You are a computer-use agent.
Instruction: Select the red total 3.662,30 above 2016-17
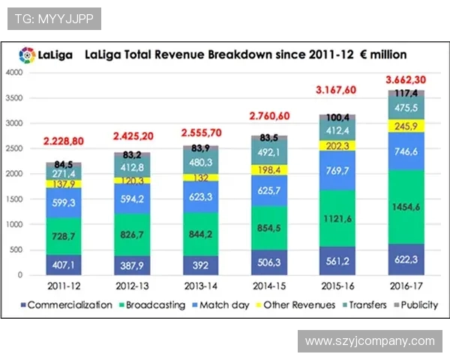click(x=406, y=80)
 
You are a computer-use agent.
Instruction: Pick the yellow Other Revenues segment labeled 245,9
click(x=406, y=126)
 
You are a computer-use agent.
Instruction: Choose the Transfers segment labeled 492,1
click(x=268, y=152)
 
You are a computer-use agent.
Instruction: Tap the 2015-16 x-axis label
click(x=338, y=286)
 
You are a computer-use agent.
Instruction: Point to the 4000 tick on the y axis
click(x=14, y=73)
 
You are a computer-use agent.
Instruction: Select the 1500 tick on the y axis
click(x=14, y=199)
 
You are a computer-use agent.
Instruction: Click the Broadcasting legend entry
click(x=155, y=305)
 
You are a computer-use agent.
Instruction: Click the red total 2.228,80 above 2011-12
click(x=68, y=141)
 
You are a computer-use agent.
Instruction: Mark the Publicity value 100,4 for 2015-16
click(x=338, y=118)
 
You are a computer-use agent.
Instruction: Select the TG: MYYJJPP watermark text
click(x=54, y=19)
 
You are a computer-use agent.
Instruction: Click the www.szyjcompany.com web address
click(x=370, y=341)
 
